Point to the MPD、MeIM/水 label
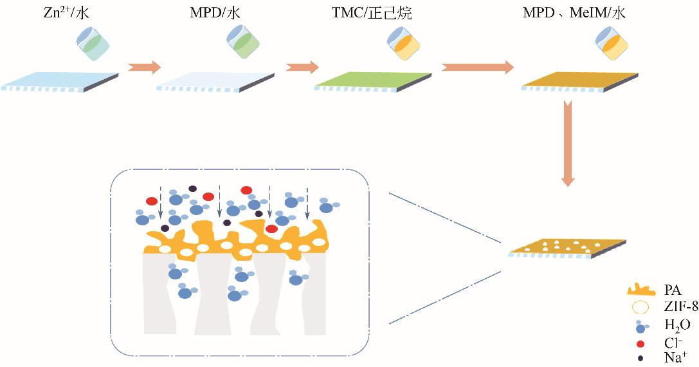point(574,12)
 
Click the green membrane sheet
point(373,80)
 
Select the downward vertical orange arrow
point(567,142)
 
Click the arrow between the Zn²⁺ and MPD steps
point(143,67)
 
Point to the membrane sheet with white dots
point(567,247)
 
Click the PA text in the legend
point(672,291)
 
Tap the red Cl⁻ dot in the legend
point(640,344)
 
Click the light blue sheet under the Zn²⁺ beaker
point(61,80)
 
